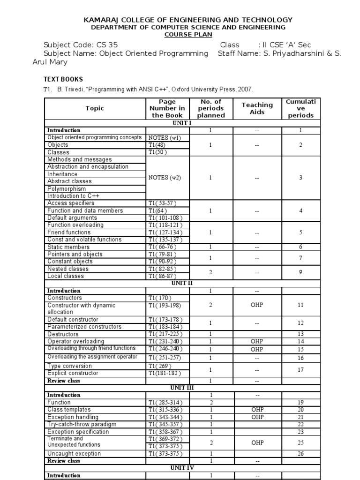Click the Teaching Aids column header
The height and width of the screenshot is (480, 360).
[x=257, y=108]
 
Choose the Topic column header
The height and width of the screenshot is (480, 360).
[x=95, y=108]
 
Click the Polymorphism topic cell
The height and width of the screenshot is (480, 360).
[x=67, y=188]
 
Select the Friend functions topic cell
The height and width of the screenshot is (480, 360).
[x=69, y=232]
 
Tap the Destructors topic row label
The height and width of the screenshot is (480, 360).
[x=65, y=334]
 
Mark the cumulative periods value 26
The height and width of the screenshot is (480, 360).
[x=300, y=454]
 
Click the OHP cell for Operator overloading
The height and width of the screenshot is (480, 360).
[x=257, y=342]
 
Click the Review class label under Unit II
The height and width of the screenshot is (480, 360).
[x=64, y=381]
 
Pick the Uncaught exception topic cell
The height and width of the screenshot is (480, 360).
[x=74, y=454]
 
